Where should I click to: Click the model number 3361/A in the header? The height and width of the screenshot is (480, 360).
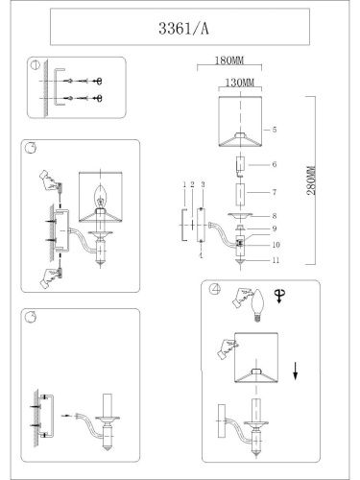pos(180,29)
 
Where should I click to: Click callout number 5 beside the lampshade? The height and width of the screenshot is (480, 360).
pos(274,128)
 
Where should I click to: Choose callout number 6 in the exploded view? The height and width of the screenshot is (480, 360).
pos(274,164)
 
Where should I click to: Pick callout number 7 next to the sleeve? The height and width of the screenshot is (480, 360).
pos(274,193)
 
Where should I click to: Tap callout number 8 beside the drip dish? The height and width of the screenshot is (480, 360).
pos(274,217)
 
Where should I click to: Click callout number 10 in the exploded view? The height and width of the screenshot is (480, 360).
pos(274,245)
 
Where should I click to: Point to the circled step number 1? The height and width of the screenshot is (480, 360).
pos(36,67)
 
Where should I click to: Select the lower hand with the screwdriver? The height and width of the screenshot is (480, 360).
pos(45,276)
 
